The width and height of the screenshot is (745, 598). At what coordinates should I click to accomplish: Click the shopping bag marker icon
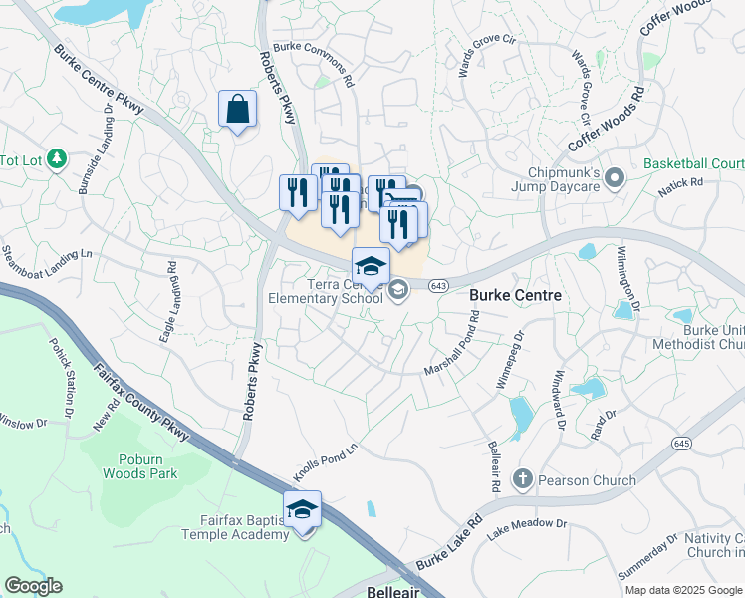coord(238,110)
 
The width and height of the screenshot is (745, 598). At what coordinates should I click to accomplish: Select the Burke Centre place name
coord(516,296)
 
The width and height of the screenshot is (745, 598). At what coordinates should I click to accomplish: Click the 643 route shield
coord(438,286)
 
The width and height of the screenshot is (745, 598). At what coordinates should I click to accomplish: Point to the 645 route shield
coord(681,443)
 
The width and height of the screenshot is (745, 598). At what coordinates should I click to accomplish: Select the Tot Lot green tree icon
coord(57,159)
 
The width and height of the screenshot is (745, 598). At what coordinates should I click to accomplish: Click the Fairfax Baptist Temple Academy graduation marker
coord(302,509)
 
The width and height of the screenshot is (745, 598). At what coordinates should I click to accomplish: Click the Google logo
coord(33,586)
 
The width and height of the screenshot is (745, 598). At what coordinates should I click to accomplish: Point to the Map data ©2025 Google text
coord(683,590)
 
